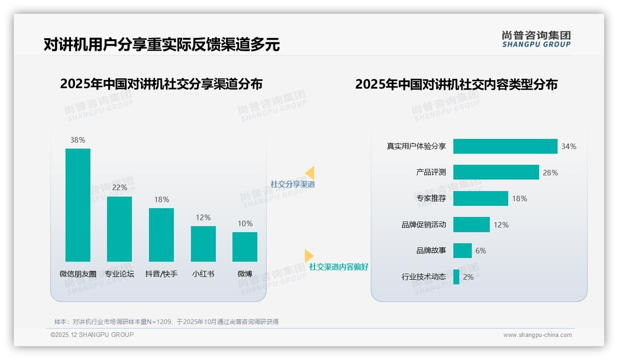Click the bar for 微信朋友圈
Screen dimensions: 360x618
(78, 205)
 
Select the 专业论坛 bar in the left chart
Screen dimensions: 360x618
(119, 229)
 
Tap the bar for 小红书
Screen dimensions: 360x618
(203, 244)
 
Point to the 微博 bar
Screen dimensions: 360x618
(245, 246)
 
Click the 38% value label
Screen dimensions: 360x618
(78, 140)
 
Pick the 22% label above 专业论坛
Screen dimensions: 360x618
(119, 188)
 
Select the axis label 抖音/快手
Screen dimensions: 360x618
(161, 274)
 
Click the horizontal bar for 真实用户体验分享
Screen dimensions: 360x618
(505, 146)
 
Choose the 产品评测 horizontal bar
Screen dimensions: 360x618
(496, 172)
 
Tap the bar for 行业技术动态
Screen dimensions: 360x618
(456, 277)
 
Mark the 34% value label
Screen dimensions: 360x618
(569, 146)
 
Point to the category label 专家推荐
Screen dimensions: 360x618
(431, 198)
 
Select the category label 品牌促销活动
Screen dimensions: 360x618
(424, 225)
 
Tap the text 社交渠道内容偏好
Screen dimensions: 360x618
(339, 267)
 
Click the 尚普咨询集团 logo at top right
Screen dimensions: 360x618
(536, 39)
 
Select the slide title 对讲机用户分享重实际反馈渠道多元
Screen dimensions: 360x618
(161, 44)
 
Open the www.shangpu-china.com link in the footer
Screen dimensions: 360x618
(537, 335)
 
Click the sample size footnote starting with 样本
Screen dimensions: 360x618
(166, 322)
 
